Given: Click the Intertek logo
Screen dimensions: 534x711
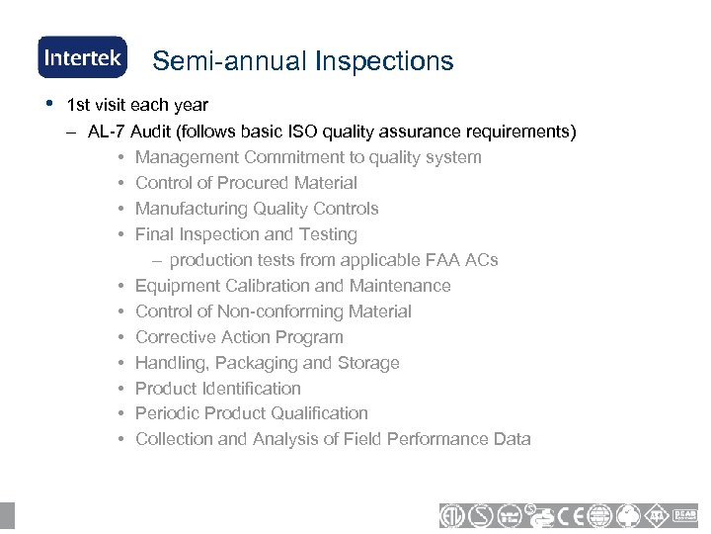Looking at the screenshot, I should [82, 57].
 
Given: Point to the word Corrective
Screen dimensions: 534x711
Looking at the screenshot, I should [173, 337].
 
